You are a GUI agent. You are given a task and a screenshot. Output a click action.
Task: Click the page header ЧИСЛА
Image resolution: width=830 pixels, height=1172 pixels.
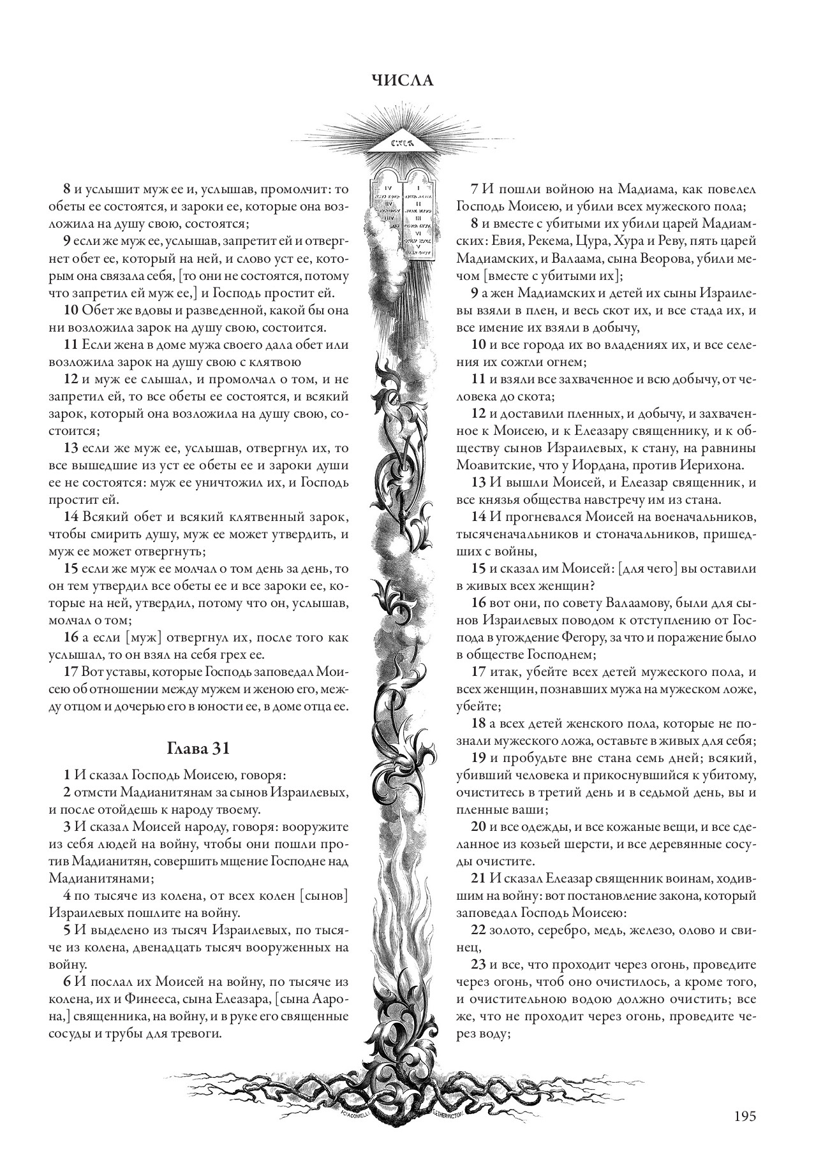tap(402, 80)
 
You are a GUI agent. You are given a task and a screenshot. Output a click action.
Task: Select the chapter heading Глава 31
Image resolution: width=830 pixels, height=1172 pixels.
tap(198, 748)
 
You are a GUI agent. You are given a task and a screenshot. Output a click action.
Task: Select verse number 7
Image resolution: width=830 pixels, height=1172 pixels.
tap(474, 189)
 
